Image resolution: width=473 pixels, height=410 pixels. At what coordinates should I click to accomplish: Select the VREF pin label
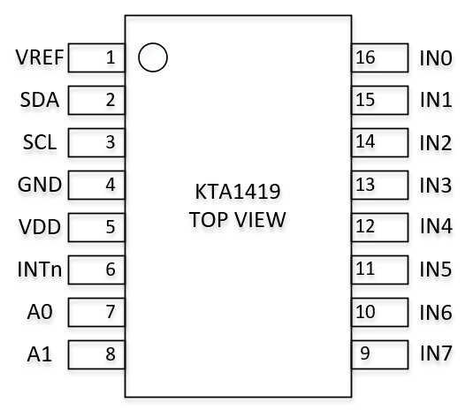(40, 57)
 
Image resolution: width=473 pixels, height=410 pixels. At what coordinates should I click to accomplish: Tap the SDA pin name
(40, 100)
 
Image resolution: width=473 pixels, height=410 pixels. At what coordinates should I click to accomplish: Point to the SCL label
(40, 142)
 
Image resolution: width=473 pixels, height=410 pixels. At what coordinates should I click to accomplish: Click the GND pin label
(40, 185)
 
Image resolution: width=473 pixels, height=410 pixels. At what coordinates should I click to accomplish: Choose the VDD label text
(40, 227)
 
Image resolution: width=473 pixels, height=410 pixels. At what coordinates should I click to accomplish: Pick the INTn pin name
(40, 270)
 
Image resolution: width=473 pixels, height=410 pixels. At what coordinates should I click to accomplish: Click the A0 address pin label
(40, 312)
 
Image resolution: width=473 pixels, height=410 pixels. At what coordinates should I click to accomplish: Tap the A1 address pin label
(40, 354)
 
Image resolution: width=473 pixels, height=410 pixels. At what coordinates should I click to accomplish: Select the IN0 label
(436, 58)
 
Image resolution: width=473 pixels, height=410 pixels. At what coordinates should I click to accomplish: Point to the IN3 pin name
(436, 185)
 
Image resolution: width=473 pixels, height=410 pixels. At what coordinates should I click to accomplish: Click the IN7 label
(436, 353)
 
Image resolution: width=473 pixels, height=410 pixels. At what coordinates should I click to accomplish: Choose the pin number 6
(111, 270)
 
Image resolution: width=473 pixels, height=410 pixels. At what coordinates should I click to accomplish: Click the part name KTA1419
(238, 192)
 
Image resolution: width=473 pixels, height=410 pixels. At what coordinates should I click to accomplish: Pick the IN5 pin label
(436, 270)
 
